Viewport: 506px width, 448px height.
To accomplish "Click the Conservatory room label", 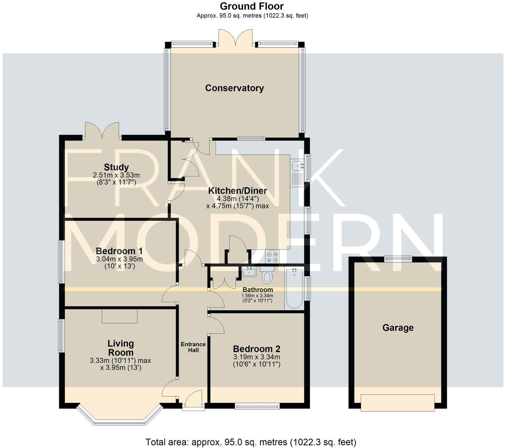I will click(235, 88).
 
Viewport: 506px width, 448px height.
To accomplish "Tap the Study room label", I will click(116, 167).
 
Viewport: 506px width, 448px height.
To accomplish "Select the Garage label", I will click(398, 328).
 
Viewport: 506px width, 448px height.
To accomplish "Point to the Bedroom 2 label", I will click(256, 349).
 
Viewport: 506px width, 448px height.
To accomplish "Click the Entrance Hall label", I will click(193, 347).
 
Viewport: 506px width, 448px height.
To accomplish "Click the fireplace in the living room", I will click(120, 316).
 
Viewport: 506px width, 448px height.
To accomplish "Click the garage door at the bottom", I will click(398, 403).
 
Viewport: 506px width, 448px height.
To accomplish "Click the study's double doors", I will click(102, 131).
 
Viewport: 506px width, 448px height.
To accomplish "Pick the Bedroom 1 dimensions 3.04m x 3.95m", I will click(119, 259).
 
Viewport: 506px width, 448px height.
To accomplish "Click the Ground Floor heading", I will click(252, 6).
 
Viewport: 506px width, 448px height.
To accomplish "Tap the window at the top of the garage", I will click(398, 258).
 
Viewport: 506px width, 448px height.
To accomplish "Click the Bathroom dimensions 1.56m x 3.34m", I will click(257, 296).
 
